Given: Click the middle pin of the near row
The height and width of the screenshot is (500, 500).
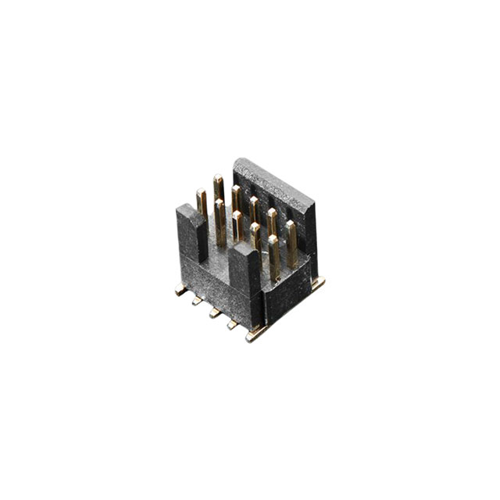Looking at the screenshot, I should [237, 227].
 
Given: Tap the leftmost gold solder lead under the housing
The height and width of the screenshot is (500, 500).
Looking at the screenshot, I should [181, 290].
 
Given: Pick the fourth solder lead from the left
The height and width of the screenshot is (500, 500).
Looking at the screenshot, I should [232, 324].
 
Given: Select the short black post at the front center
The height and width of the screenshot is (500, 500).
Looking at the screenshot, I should [247, 273].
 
